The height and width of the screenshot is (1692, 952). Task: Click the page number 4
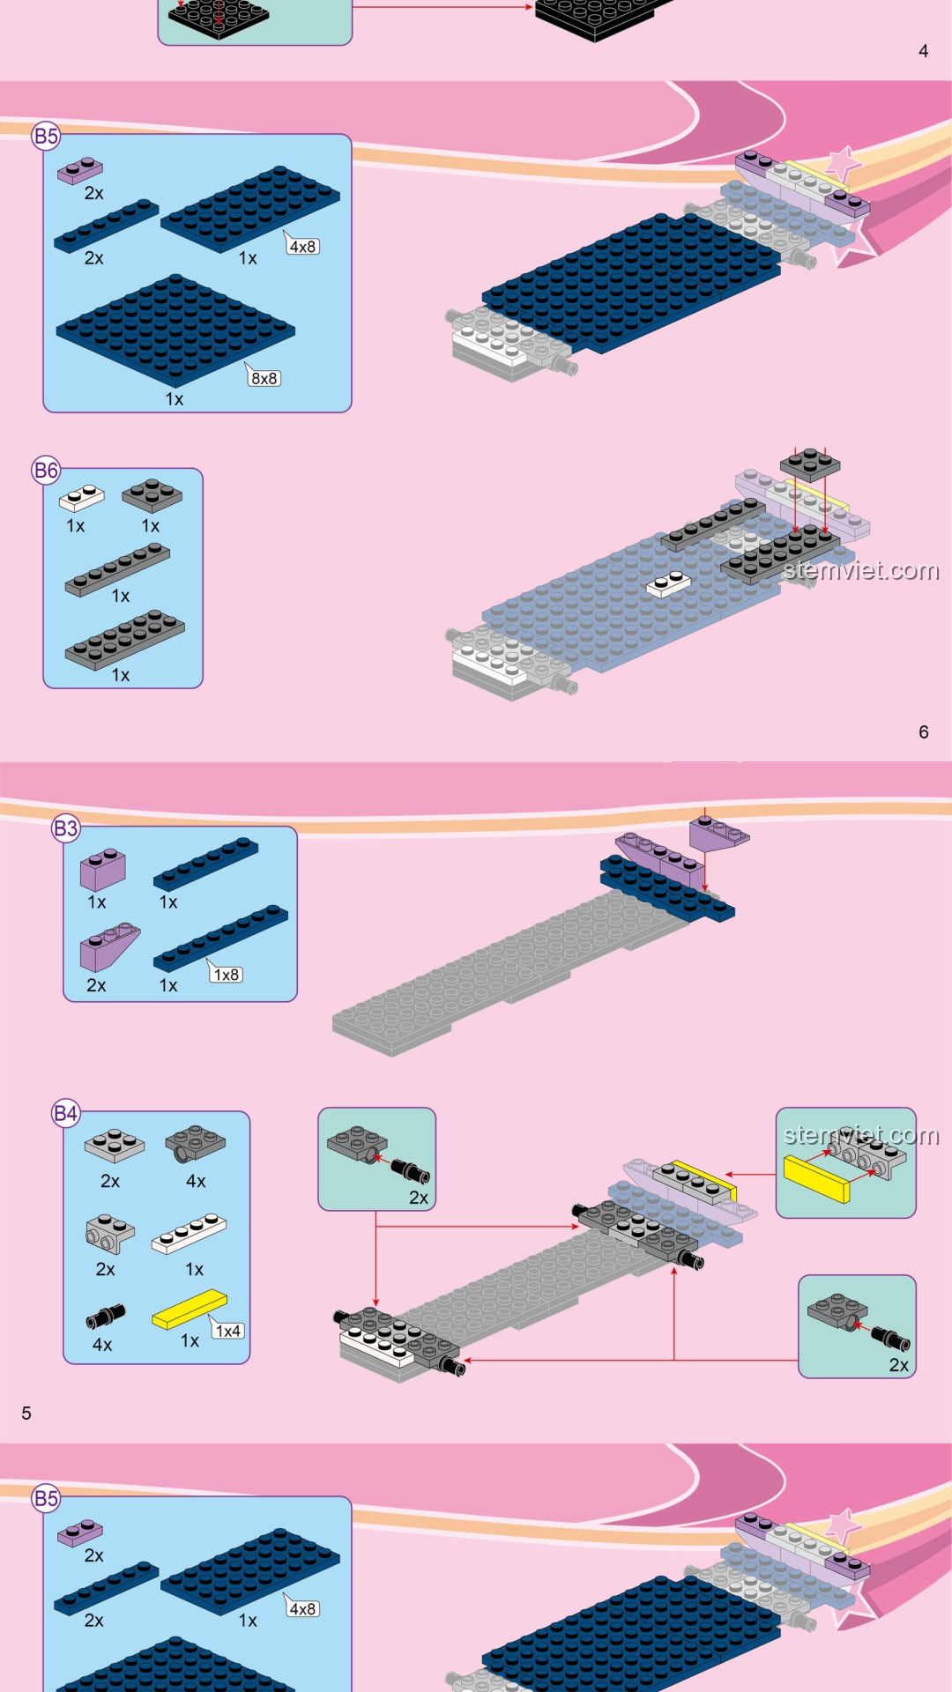coord(923,51)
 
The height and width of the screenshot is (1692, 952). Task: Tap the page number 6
coord(923,732)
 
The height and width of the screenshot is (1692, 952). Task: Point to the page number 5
coord(26,1414)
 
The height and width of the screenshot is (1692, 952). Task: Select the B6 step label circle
coord(46,471)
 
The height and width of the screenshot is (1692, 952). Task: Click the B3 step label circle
coord(66,828)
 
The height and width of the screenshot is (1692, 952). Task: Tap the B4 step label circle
coord(66,1113)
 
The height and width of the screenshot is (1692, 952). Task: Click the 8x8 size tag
coord(264,378)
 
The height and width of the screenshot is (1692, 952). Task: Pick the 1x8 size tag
coord(227,975)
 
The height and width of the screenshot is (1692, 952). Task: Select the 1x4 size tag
coord(228,1331)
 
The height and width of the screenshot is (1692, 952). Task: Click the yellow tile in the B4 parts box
coord(190,1310)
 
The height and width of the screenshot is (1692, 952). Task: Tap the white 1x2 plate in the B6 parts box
coord(81,498)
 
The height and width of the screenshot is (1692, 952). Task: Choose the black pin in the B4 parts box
coord(105,1317)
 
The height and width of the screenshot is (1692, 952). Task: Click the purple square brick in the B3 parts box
coord(103,869)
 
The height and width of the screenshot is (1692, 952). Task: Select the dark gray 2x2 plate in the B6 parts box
coord(152,495)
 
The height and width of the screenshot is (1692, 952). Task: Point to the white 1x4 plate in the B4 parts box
coord(189,1234)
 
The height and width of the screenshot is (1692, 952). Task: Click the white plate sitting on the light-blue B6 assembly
coord(668,583)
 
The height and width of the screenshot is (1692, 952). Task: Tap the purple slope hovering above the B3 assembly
coord(719,834)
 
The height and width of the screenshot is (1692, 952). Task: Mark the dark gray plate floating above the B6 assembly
coord(810,464)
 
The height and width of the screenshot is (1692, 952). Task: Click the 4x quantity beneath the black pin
coord(102,1345)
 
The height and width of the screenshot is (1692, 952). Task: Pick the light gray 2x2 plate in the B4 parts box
coord(115,1146)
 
